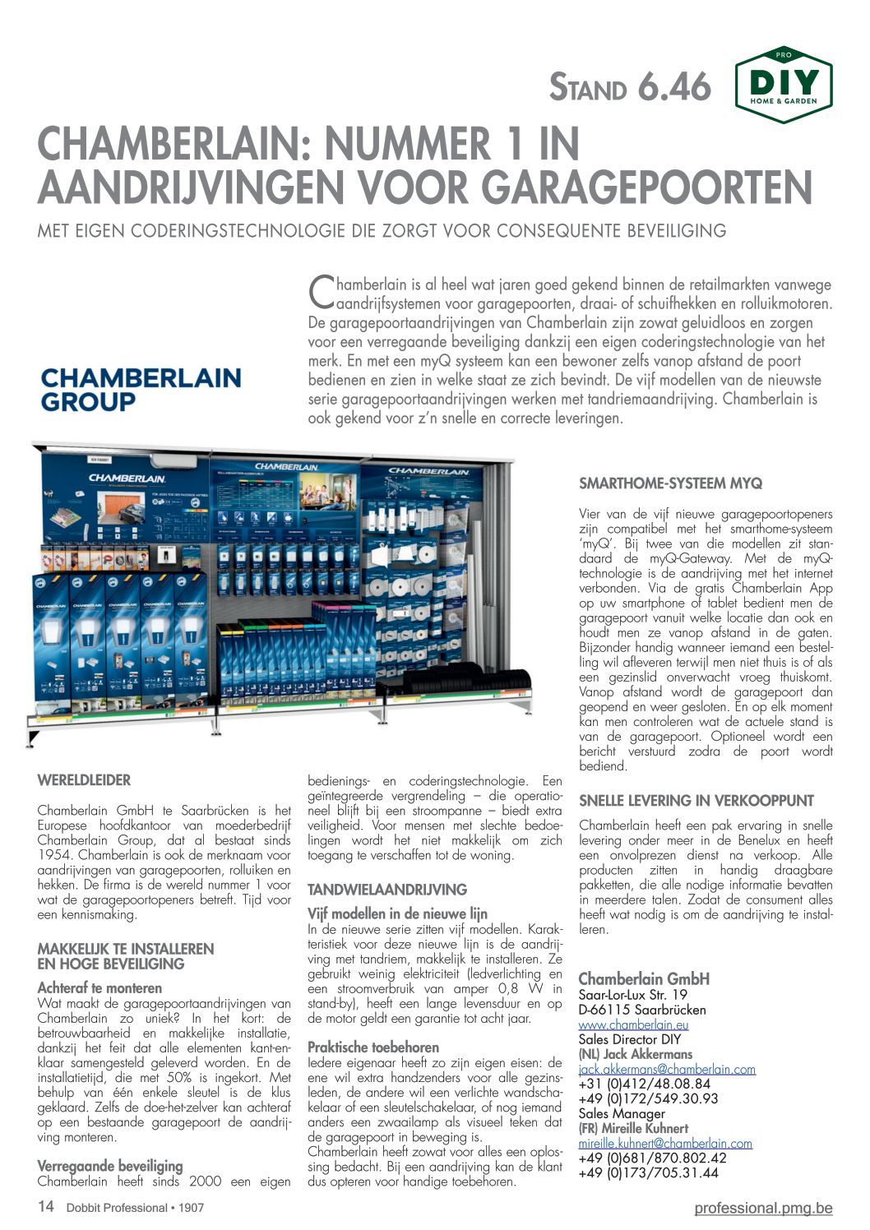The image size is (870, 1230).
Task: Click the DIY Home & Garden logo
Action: click(784, 85)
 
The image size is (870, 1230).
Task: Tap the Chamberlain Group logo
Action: click(141, 390)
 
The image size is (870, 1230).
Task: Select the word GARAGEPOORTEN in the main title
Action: click(647, 187)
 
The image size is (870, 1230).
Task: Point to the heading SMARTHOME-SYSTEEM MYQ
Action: click(670, 483)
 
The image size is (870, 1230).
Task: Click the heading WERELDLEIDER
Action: click(84, 780)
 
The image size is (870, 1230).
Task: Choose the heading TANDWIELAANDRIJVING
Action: click(386, 890)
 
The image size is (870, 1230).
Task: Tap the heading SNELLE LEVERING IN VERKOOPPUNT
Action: click(696, 801)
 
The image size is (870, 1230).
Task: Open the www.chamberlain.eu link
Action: click(633, 1024)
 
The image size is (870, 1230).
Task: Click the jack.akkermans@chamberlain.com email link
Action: click(667, 1069)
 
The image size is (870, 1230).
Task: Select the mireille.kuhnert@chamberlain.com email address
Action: click(665, 1143)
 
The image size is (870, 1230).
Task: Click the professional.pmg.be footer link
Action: click(763, 1208)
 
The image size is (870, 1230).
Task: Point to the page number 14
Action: click(46, 1207)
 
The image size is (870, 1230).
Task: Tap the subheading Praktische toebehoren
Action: click(373, 1047)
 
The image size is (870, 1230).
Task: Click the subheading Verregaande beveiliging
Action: click(110, 1166)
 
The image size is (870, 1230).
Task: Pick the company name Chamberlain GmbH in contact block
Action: click(643, 978)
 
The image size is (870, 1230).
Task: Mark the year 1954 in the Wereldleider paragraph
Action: click(54, 855)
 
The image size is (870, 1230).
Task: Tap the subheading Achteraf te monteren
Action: click(99, 988)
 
